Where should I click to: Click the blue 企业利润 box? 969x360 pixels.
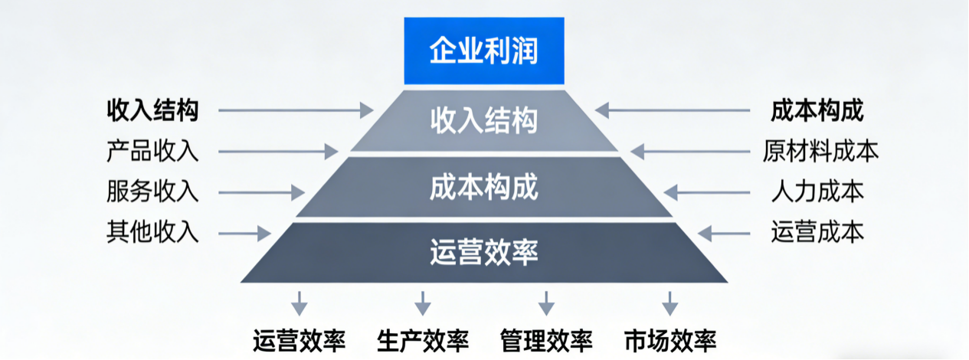[484, 52]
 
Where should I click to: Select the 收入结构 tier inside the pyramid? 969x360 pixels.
[484, 121]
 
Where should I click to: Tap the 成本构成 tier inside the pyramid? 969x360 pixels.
[484, 187]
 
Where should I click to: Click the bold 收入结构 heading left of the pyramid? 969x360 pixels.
[152, 111]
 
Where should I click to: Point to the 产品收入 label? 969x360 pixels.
[152, 151]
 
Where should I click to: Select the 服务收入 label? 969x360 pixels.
[152, 191]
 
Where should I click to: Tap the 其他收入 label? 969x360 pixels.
[152, 232]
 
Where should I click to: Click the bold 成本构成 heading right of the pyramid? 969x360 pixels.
[817, 111]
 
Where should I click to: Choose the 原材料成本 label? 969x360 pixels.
[820, 151]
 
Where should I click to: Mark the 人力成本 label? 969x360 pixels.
[817, 191]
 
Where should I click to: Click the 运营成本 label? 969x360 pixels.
[817, 232]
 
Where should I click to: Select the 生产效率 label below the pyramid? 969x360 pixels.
[423, 339]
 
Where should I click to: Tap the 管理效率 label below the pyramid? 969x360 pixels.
[546, 339]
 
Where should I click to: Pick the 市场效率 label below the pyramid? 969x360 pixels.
[670, 339]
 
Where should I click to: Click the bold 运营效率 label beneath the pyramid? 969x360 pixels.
[299, 339]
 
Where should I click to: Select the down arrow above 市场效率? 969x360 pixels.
[670, 303]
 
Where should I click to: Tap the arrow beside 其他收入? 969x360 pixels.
[244, 232]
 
